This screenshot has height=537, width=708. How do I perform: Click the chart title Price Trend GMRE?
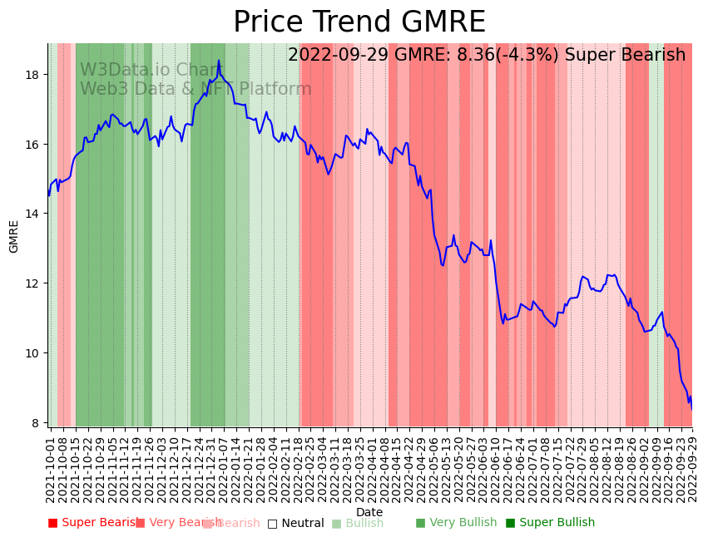coord(359,22)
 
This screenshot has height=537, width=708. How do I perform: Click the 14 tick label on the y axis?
coord(34,214)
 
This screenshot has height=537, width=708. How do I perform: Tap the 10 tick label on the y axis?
coord(34,353)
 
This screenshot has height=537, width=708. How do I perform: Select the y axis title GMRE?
coord(14,236)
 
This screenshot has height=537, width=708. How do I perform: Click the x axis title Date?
coord(369,512)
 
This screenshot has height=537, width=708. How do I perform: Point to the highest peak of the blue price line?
coord(219,61)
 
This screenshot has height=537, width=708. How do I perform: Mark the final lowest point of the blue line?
coord(691,409)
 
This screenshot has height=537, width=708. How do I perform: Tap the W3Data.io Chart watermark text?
coord(151,70)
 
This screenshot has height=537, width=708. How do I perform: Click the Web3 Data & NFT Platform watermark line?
coord(196,89)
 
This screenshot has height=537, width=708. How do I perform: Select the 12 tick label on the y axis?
coord(34,283)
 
